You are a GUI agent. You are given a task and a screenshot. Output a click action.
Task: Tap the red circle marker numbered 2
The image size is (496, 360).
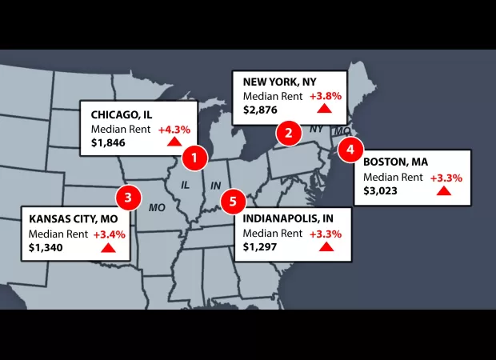click(288, 133)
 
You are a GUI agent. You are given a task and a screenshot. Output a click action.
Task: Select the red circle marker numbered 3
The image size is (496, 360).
click(128, 197)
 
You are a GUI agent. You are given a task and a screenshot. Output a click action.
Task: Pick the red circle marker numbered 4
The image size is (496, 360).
click(350, 150)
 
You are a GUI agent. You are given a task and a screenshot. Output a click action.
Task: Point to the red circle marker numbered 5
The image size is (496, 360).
click(233, 201)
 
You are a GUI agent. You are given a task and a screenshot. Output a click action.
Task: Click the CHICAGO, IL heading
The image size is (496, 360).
click(122, 114)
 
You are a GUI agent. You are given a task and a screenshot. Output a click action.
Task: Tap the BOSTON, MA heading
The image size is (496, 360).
click(395, 162)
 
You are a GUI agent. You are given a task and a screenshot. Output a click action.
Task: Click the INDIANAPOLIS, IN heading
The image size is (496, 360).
click(289, 218)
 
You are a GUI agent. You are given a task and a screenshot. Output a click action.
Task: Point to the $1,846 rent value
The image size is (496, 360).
click(108, 144)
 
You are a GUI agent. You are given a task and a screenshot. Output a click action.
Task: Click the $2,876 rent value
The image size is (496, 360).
click(261, 110)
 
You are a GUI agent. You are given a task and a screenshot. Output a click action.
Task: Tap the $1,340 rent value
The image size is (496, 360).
click(46, 248)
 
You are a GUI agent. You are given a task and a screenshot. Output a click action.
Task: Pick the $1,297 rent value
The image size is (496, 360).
click(261, 247)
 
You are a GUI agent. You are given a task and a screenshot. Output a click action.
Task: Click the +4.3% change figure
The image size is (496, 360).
click(174, 130)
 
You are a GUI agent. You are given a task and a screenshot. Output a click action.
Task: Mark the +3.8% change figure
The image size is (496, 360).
click(326, 96)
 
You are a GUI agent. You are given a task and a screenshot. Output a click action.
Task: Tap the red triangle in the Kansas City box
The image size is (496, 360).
click(108, 247)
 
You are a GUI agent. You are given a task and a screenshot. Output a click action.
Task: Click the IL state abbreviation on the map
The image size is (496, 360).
click(185, 185)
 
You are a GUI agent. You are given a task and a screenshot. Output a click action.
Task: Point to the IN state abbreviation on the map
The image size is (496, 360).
click(214, 185)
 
